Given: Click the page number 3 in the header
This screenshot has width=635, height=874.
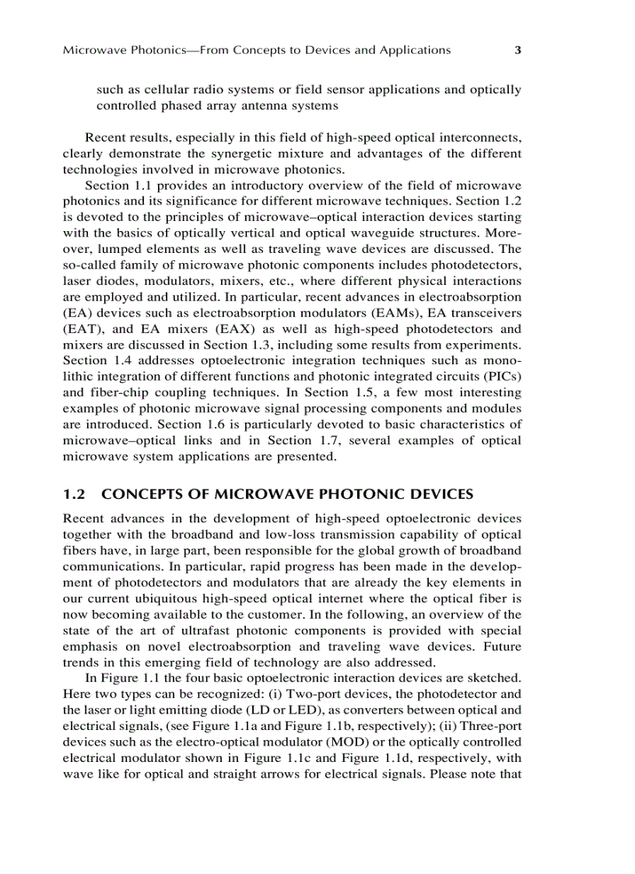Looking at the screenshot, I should [x=517, y=51].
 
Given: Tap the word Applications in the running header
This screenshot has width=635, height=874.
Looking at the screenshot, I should [x=415, y=51].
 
